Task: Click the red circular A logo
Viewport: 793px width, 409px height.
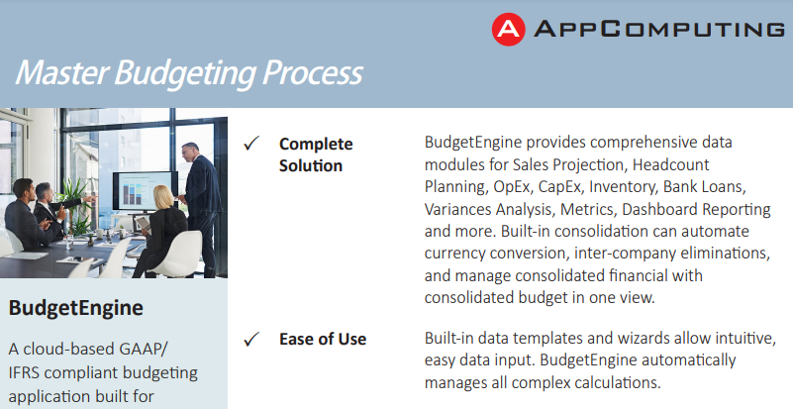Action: pos(508,30)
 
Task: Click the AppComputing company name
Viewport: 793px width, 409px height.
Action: pos(659,29)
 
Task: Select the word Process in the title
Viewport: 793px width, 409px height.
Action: pos(313,72)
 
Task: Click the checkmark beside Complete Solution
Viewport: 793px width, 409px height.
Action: pos(251,144)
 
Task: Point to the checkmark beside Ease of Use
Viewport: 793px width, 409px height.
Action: pos(251,339)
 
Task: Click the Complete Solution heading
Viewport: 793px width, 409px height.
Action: pos(316,154)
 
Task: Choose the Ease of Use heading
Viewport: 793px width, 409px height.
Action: pos(323,339)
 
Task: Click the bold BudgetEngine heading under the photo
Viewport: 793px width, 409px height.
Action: pos(76,308)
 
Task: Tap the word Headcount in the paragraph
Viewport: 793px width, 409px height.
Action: pos(670,164)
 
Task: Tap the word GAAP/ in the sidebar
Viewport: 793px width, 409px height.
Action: pos(144,350)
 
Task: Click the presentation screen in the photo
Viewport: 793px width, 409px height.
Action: pos(146,190)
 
